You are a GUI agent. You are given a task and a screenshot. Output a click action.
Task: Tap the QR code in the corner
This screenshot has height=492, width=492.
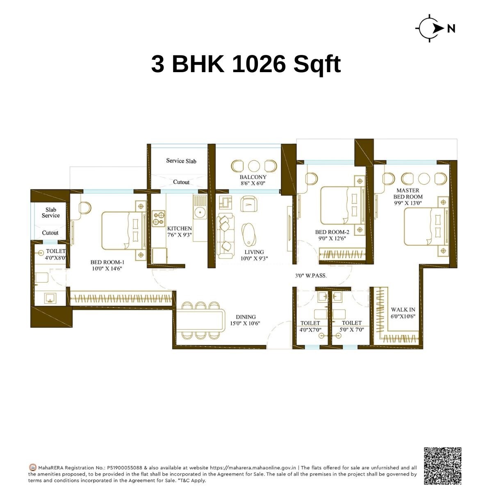442,465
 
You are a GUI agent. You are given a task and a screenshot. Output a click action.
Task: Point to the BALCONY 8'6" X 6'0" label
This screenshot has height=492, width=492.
253,180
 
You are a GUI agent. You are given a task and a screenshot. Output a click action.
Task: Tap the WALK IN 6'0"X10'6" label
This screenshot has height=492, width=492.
403,313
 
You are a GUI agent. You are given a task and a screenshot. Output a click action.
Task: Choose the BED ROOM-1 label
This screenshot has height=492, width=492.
107,265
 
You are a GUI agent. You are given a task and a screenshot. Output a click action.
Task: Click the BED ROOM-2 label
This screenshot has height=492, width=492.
332,235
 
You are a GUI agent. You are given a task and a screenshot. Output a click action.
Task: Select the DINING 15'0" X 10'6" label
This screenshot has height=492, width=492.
246,320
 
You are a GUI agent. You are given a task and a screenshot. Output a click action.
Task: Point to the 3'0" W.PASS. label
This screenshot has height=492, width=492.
311,276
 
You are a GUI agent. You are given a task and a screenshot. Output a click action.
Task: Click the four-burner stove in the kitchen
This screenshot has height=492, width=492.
159,218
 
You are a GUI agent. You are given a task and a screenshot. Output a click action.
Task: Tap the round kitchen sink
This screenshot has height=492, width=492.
200,212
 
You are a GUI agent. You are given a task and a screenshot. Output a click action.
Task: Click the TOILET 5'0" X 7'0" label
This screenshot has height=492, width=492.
351,326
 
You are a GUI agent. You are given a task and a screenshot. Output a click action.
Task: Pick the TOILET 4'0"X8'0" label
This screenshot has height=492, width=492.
55,255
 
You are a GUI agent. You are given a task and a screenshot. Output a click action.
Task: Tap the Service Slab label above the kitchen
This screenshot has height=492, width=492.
181,161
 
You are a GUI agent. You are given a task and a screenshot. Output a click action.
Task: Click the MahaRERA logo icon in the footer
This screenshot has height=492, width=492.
33,467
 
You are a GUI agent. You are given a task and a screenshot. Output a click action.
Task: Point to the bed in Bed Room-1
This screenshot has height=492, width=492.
122,230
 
